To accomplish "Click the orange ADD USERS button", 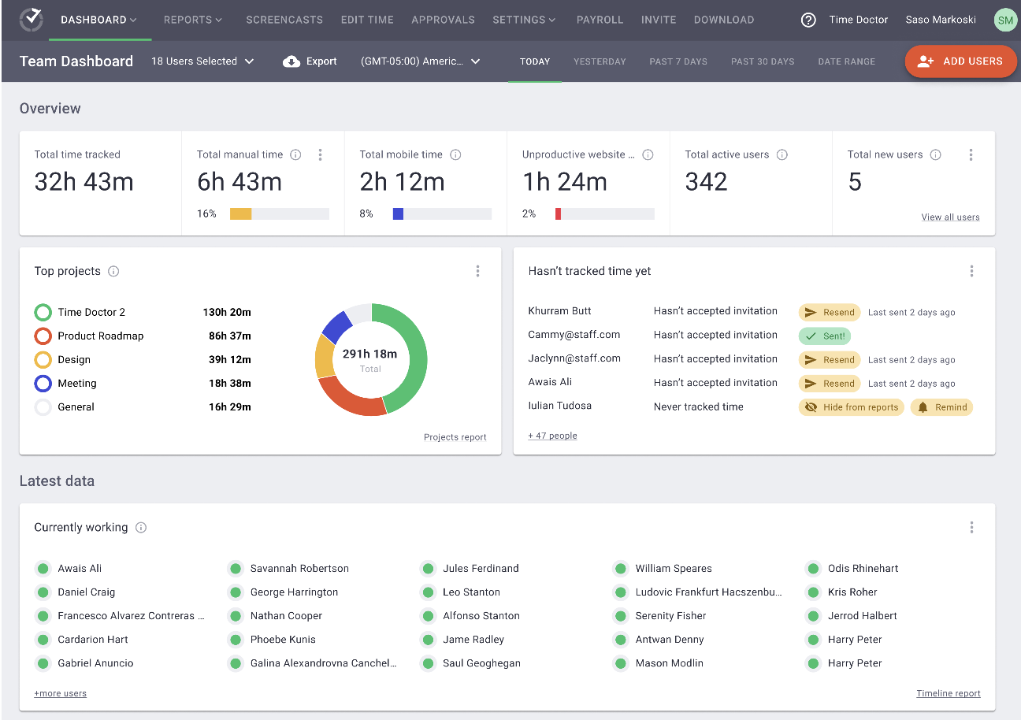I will click(x=960, y=61).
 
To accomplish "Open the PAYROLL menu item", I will click(x=600, y=20).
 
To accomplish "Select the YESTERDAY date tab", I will click(x=600, y=61).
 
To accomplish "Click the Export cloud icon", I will click(x=291, y=61).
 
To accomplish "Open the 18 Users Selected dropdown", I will click(x=202, y=61).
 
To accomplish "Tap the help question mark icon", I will click(x=808, y=20).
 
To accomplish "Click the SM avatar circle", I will click(x=1005, y=20).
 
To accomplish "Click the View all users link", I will click(x=950, y=217).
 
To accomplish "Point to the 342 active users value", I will click(x=706, y=183).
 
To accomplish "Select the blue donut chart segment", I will click(x=337, y=326).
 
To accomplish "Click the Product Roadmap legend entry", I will click(x=100, y=336).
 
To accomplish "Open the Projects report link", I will click(x=455, y=437).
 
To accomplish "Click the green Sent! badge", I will click(x=824, y=336).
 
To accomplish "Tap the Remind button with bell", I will click(x=942, y=407).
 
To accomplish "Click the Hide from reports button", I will click(x=851, y=407).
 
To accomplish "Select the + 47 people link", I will click(x=552, y=436).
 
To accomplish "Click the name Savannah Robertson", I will click(x=299, y=568).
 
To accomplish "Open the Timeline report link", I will click(x=948, y=694).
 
